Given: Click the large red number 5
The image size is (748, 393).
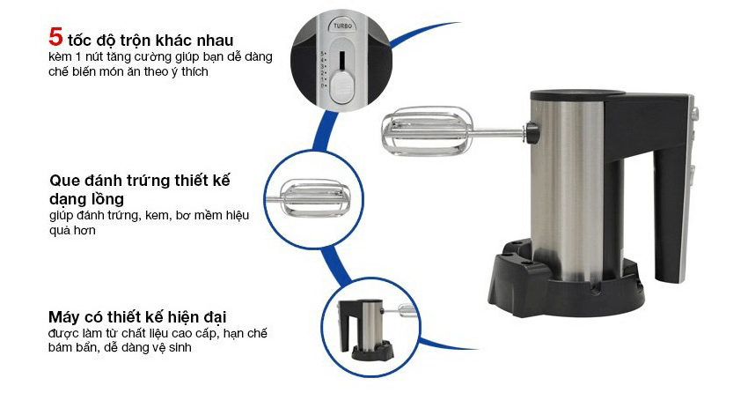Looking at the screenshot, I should tap(55, 38).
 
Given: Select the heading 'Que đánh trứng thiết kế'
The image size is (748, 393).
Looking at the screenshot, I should tap(145, 181).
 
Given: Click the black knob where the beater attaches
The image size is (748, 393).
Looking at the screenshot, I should tap(532, 132).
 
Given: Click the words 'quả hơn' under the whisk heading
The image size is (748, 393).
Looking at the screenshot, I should tap(72, 230).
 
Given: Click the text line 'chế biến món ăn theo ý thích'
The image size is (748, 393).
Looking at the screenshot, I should tap(128, 72).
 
